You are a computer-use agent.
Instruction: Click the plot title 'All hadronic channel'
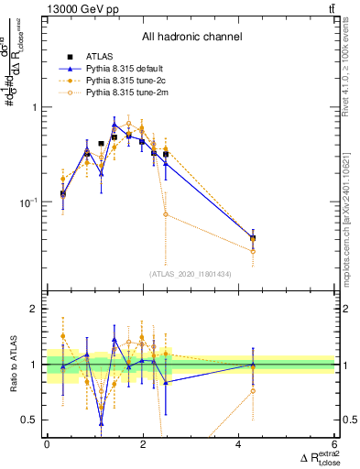(x=191, y=37)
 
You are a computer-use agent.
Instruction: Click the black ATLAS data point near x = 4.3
(x=253, y=238)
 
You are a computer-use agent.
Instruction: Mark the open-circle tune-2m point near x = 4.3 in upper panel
(x=253, y=251)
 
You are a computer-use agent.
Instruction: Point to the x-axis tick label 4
(x=239, y=444)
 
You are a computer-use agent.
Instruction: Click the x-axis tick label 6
(x=335, y=444)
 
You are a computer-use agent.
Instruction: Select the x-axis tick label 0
(x=47, y=444)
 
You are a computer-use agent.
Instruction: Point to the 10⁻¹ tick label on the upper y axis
(x=25, y=202)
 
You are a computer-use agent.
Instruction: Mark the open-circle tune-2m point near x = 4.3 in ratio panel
(x=253, y=390)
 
